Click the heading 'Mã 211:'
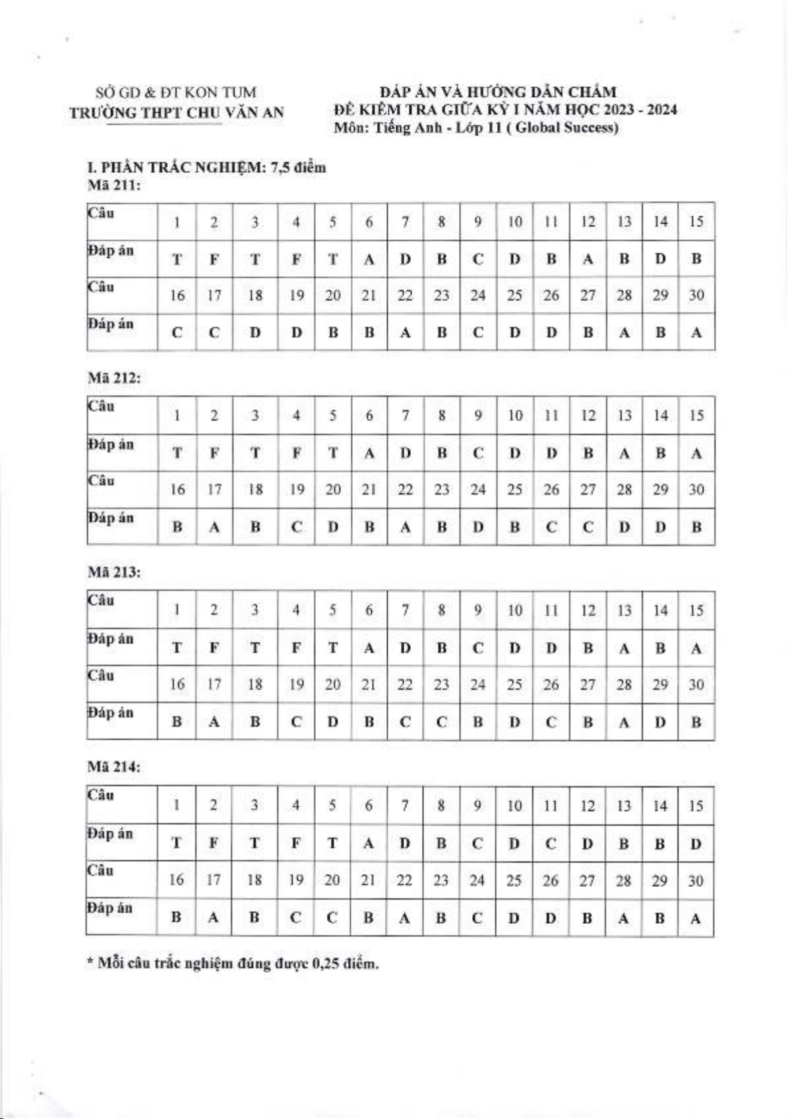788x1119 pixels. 114,185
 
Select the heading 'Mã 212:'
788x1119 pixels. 114,378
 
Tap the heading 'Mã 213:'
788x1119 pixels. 114,572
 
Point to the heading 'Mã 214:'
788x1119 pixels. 114,767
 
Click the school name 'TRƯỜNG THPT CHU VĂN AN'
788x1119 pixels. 177,113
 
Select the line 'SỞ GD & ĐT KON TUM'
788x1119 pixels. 176,92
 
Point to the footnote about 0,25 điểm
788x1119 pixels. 233,963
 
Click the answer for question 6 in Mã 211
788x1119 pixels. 369,259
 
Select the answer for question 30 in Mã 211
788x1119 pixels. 696,333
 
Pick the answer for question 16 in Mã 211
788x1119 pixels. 177,333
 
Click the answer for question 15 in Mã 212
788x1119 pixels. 696,454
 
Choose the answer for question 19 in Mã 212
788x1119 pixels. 297,528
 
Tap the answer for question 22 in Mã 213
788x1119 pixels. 406,722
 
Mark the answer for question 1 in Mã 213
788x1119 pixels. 177,648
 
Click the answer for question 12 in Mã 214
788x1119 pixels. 587,844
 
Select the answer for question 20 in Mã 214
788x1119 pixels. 332,918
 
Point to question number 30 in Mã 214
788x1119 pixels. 696,881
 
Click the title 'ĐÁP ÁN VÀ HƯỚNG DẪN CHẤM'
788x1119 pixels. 498,92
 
